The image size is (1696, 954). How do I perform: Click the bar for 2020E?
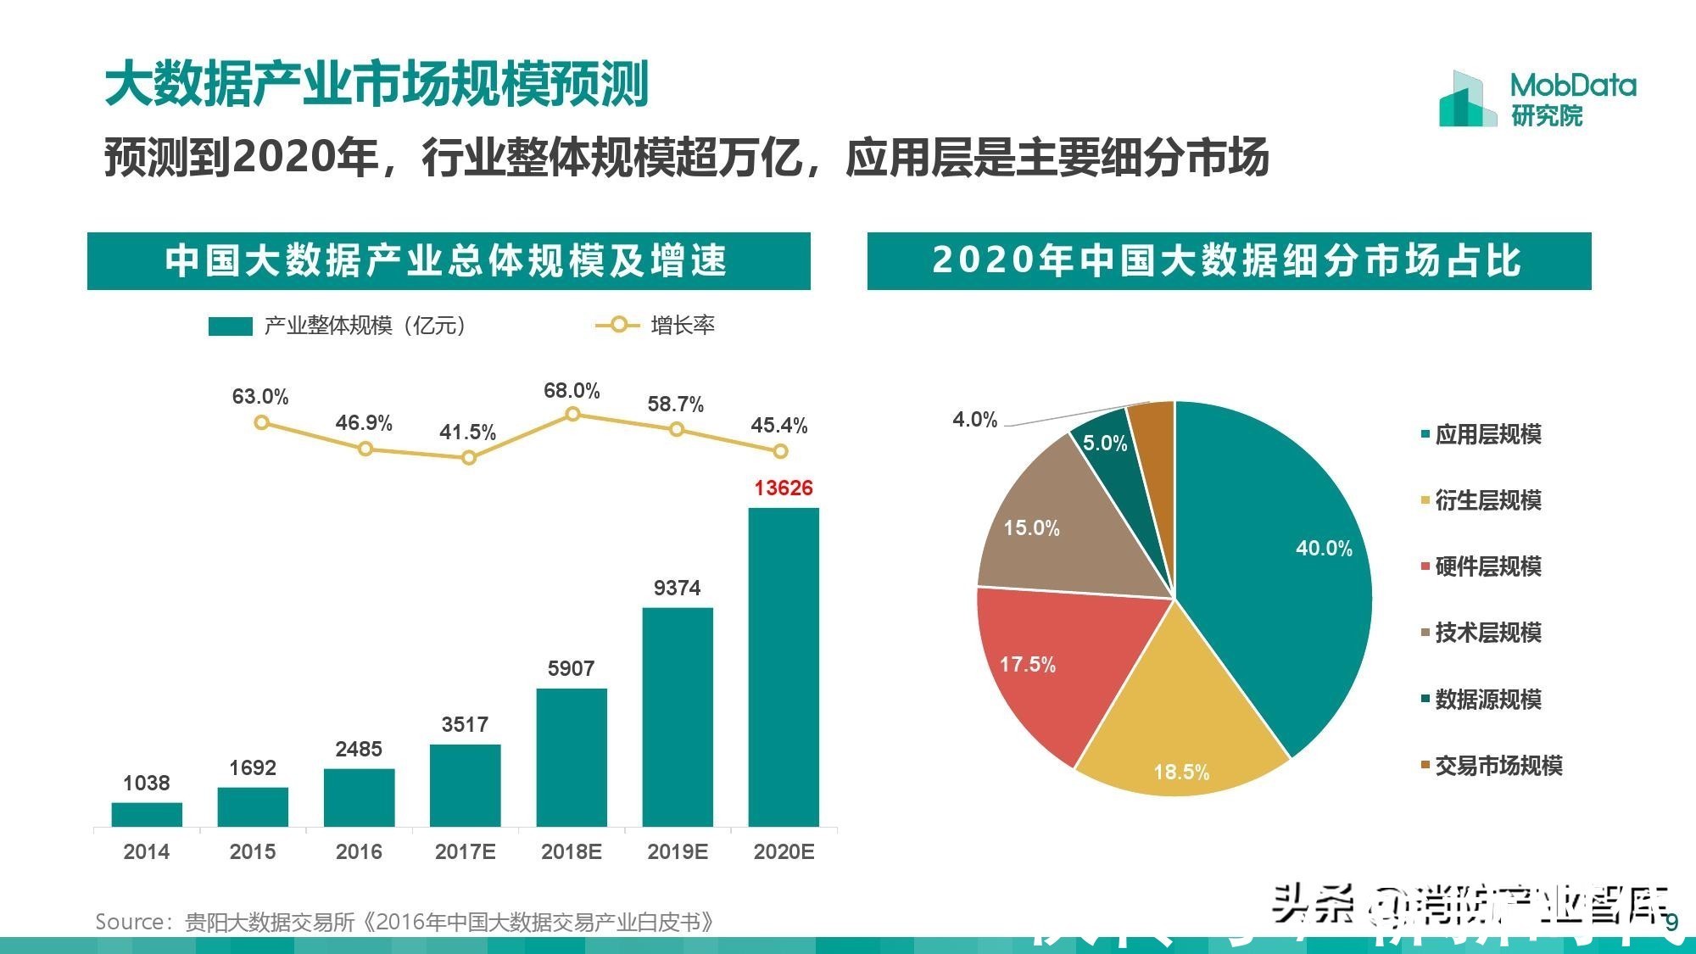click(x=784, y=667)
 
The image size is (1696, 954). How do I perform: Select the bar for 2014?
click(x=147, y=814)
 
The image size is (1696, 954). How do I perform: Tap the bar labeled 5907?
click(x=572, y=756)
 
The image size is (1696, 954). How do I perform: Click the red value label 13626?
click(x=783, y=488)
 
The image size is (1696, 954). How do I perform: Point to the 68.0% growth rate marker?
click(x=572, y=414)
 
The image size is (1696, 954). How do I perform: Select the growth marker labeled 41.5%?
click(x=469, y=458)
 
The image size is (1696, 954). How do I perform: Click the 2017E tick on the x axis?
click(x=465, y=851)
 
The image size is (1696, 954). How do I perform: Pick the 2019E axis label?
click(x=677, y=851)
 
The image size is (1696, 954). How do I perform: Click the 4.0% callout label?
click(x=974, y=419)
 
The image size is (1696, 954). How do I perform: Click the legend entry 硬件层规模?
click(x=1487, y=566)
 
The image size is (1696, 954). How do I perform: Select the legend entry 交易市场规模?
click(x=1498, y=766)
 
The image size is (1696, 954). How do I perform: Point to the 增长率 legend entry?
click(x=682, y=326)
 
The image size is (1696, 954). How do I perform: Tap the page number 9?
click(x=1672, y=923)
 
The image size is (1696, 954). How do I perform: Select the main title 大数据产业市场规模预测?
click(x=377, y=84)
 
